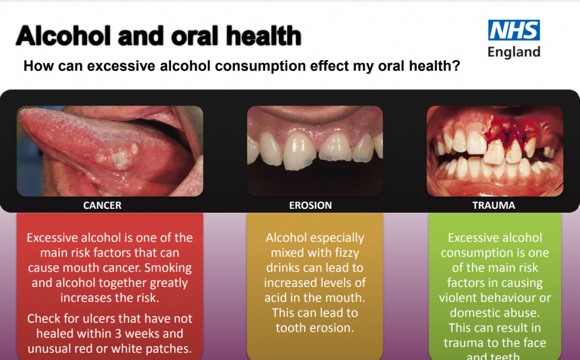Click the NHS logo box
514,31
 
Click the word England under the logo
514,52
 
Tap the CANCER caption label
102,205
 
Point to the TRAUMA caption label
494,205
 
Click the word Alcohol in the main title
63,37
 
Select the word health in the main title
263,37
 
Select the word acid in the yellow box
276,297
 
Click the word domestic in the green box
475,312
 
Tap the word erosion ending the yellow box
334,327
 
